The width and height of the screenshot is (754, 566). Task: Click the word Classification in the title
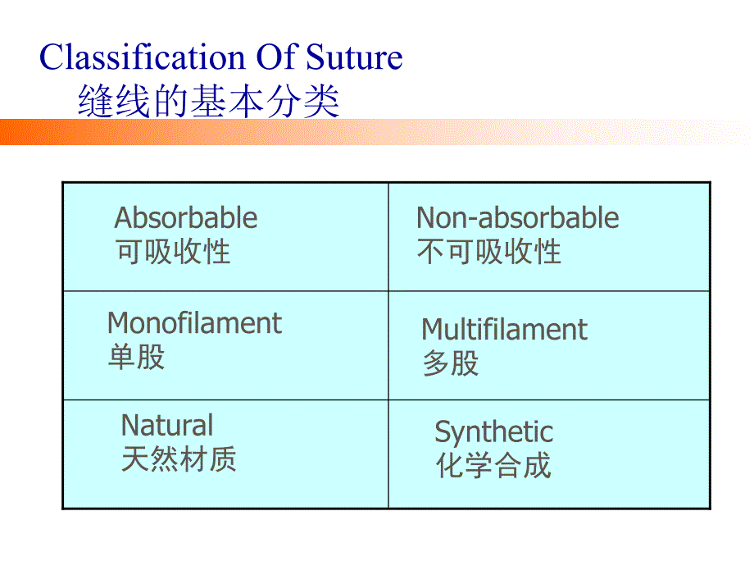coord(140,58)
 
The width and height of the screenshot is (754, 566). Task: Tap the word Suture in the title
coord(356,58)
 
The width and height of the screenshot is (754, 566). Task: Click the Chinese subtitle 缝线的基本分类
coord(208,103)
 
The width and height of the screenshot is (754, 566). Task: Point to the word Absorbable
coord(185,218)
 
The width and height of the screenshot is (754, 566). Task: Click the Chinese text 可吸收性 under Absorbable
coord(173,252)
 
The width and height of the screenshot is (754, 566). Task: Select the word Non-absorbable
coord(517,218)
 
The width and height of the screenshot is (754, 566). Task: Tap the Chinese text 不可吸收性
coord(488,252)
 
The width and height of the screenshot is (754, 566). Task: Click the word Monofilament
coord(194,323)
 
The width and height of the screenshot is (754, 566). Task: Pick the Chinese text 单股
coord(136,357)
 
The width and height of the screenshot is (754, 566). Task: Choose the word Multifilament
coord(504,330)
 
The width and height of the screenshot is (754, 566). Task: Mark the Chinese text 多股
coord(451,363)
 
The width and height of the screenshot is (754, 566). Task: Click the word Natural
coord(167,426)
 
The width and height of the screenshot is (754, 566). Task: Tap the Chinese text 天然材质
coord(179,459)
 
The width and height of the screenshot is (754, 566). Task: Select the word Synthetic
coord(493,432)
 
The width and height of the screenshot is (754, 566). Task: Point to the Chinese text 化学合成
coord(493,466)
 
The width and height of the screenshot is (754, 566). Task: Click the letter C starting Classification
coord(52,58)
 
